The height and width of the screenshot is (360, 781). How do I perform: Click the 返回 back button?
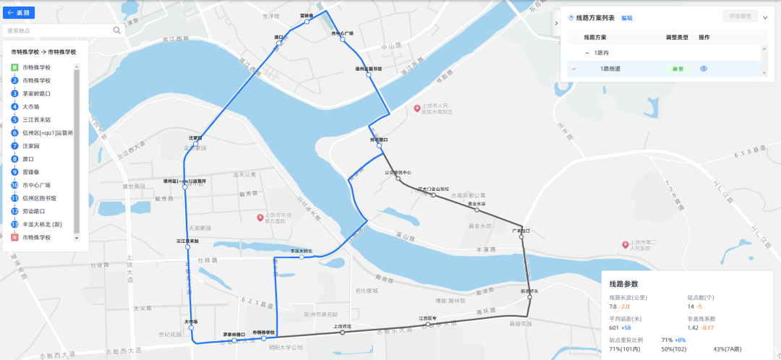tap(19, 12)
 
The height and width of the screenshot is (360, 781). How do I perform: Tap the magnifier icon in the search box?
tap(116, 30)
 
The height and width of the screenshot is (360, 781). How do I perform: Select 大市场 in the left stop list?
tap(31, 107)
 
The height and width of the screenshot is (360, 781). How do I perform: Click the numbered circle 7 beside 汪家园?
tap(14, 145)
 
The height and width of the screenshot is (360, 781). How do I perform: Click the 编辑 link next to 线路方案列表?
tap(626, 18)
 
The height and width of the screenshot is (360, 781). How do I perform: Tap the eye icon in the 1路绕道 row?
tap(703, 69)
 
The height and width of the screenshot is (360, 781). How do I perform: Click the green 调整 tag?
tap(678, 69)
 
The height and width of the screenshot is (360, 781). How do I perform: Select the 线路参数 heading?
tap(624, 284)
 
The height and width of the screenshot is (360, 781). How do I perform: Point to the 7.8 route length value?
tap(614, 307)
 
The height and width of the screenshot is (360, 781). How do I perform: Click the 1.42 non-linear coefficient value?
tap(693, 327)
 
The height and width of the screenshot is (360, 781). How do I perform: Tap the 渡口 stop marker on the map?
tap(278, 43)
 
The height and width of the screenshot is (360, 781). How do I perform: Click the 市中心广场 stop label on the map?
tap(342, 33)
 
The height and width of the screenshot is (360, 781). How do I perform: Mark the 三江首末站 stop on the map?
tap(188, 247)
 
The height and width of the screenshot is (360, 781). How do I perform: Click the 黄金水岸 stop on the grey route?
tap(476, 210)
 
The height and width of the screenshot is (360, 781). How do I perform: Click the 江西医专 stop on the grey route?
tap(428, 323)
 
